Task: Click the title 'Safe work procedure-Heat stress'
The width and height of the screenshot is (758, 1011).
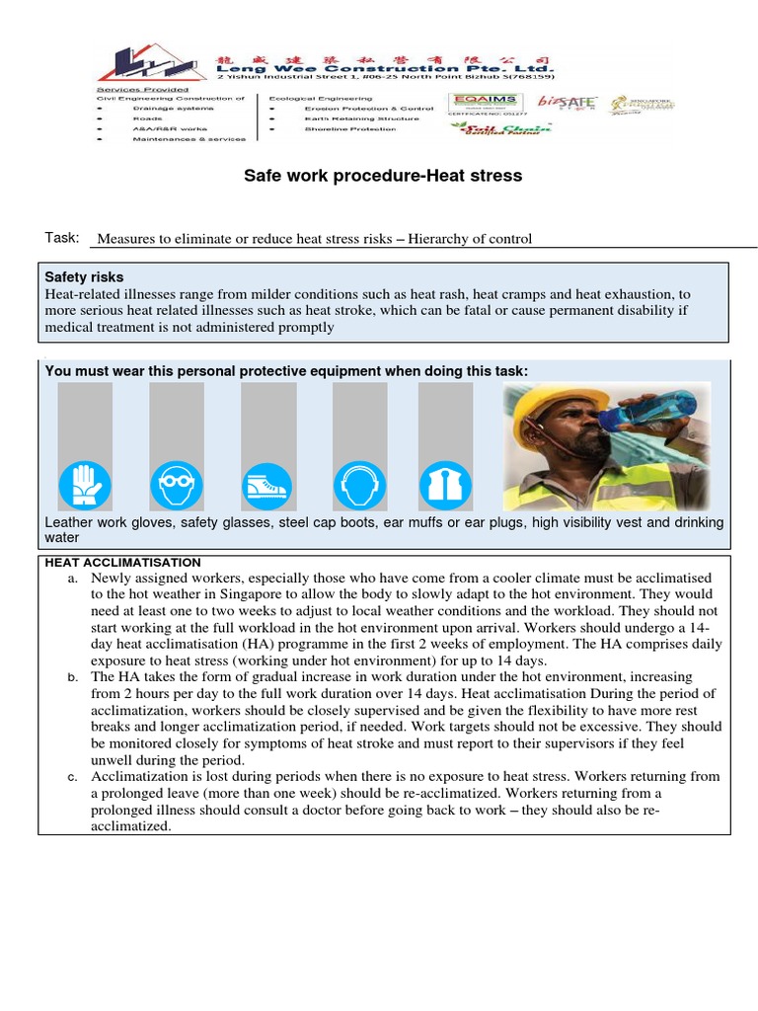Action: click(383, 176)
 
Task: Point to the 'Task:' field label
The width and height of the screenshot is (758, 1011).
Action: click(61, 238)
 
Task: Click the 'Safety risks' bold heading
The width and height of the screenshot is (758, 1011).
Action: click(85, 277)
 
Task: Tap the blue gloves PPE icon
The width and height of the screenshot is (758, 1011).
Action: click(85, 485)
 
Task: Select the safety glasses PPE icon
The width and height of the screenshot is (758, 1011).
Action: click(177, 485)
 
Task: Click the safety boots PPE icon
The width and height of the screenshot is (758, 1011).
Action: click(267, 485)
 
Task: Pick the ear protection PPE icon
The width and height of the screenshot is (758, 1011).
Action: click(359, 485)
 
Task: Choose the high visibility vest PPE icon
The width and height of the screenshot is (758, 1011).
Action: click(445, 485)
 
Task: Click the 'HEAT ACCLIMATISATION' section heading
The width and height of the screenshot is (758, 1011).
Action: click(123, 562)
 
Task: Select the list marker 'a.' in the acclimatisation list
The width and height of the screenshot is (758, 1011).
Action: click(73, 579)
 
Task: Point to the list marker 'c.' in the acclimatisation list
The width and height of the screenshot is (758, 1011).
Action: click(73, 777)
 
